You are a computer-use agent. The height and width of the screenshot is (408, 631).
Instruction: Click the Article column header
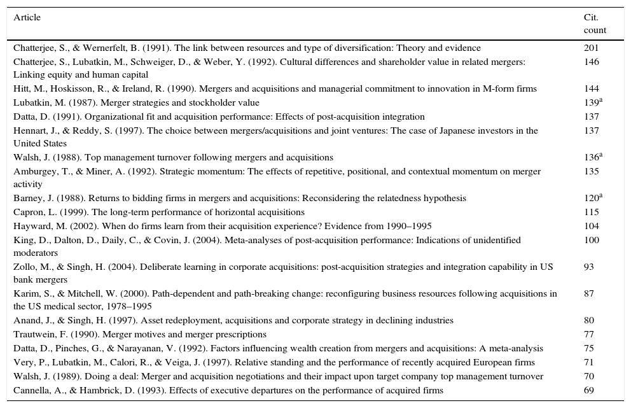click(x=27, y=17)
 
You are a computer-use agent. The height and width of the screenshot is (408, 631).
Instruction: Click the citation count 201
click(x=591, y=48)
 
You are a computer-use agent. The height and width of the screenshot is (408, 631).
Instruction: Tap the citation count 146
click(x=591, y=62)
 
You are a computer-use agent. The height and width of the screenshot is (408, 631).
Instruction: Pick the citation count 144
click(x=591, y=88)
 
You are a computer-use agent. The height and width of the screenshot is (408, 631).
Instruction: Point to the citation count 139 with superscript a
click(x=592, y=102)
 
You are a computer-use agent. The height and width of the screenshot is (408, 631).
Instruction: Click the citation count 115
click(x=591, y=212)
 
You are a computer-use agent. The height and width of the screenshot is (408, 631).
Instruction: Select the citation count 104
click(x=591, y=226)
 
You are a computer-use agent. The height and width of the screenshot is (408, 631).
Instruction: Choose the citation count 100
click(x=591, y=240)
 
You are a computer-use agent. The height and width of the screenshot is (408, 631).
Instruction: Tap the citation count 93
click(x=589, y=267)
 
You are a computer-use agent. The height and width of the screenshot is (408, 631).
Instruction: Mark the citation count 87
click(x=589, y=293)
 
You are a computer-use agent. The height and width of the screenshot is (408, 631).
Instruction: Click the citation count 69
click(x=589, y=390)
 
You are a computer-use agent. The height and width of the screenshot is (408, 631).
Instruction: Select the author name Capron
click(x=28, y=212)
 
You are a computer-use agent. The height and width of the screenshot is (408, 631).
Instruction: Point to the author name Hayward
click(x=31, y=226)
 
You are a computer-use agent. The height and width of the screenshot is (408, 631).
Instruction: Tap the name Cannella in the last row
click(x=31, y=390)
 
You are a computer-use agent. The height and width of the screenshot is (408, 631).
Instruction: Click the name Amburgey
click(x=33, y=171)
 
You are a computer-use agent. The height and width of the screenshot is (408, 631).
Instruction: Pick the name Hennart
click(x=31, y=130)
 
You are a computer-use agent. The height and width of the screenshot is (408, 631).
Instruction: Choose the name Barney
click(x=28, y=198)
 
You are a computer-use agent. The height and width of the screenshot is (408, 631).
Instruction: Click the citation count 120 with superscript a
click(x=592, y=198)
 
